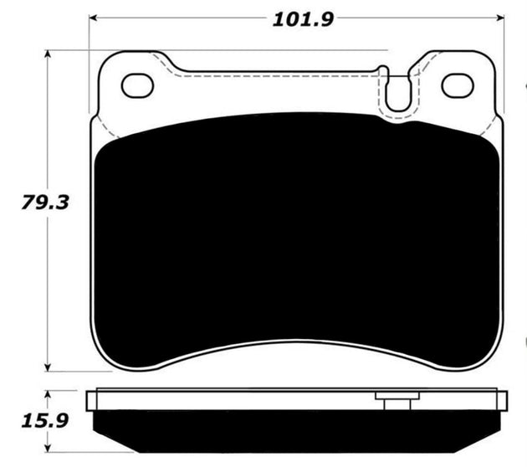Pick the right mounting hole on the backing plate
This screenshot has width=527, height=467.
coord(457,85)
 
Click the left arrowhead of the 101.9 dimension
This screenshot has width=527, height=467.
coord(95,17)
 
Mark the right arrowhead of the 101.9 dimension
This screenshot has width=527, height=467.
coord(502,17)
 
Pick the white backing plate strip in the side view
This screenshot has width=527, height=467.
coord(251,399)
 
